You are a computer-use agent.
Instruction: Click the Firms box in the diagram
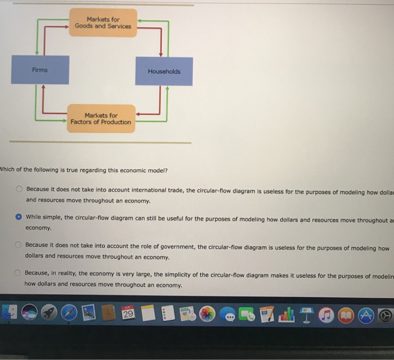(x=40, y=70)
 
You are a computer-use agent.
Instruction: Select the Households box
(x=164, y=71)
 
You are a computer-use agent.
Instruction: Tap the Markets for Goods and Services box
(x=103, y=23)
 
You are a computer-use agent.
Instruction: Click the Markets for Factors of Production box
(x=101, y=119)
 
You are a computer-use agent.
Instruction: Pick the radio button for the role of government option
(x=19, y=246)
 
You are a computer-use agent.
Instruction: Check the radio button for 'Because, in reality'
(x=19, y=274)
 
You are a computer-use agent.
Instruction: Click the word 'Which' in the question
(x=8, y=170)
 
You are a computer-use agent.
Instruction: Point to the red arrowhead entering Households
(x=162, y=54)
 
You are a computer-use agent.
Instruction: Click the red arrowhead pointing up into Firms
(x=43, y=88)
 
